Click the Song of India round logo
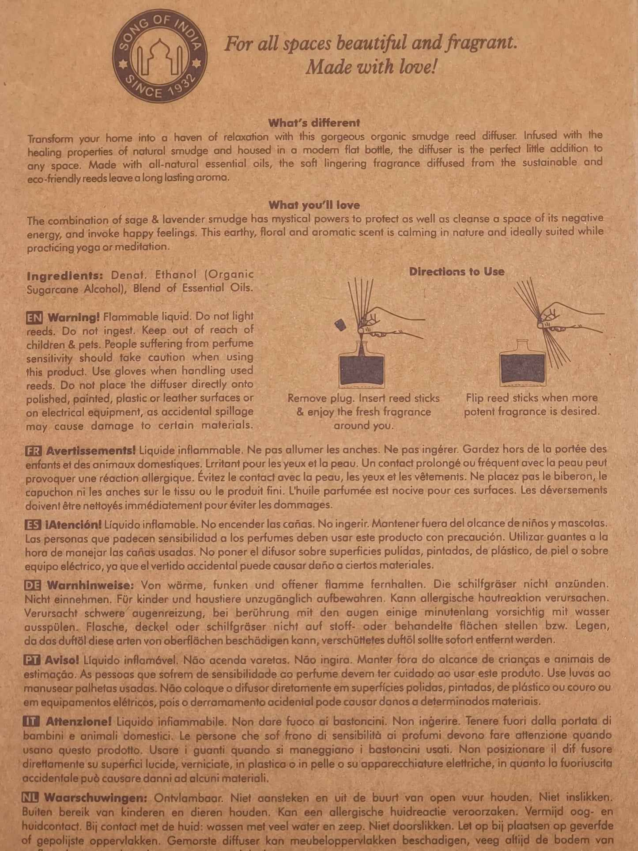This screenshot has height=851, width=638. coord(159,57)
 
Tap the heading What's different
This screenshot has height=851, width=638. coord(314,123)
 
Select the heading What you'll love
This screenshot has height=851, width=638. coord(314,205)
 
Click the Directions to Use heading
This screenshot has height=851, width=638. coord(457,271)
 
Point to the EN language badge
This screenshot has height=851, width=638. coord(34,318)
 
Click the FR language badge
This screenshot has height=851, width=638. coord(34,451)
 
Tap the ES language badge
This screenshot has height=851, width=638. coord(33,525)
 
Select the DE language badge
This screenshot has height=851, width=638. coord(33,586)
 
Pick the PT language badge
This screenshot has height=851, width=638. coord(32,660)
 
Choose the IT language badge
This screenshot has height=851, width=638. coord(31,721)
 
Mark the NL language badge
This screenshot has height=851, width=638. coord(30,798)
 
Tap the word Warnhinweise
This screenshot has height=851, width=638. coord(90,586)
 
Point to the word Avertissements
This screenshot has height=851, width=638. coord(91,451)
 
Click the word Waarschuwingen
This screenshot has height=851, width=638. coord(95,798)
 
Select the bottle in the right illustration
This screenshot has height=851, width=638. coord(522,365)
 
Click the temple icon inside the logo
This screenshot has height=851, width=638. coord(159,57)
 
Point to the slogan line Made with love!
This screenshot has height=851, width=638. coord(371,67)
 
